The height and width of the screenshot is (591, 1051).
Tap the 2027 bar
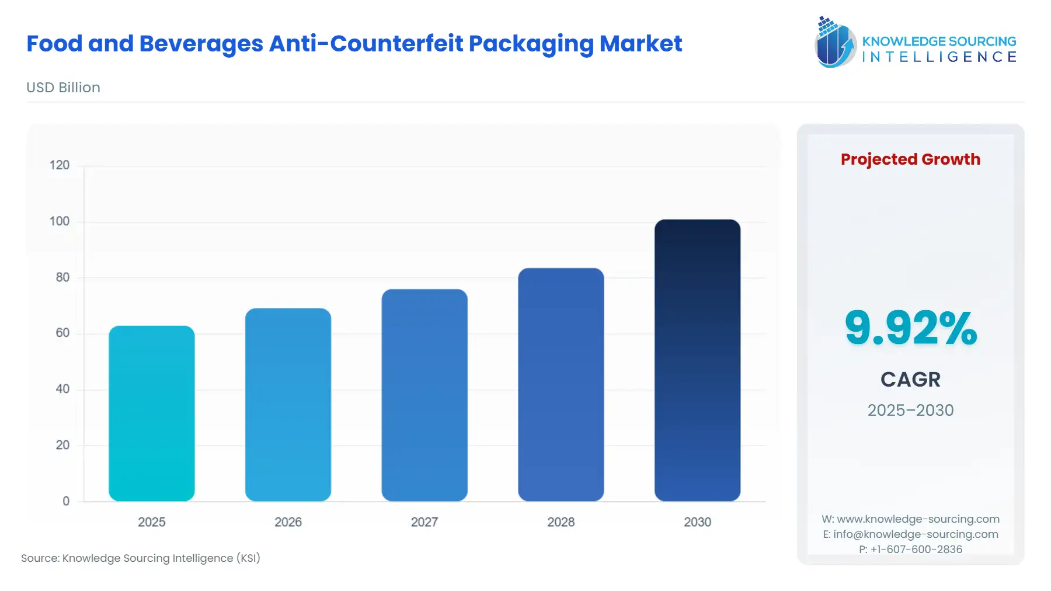point(424,395)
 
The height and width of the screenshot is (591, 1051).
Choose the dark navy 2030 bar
point(697,360)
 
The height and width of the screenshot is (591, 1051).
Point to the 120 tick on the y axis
point(60,165)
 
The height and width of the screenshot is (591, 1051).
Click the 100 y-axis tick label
point(60,221)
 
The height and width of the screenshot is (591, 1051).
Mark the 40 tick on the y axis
point(62,389)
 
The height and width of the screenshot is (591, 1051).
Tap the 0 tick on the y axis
point(66,501)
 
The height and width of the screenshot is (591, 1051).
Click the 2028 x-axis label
point(561,522)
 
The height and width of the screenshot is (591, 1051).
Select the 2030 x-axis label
point(697,522)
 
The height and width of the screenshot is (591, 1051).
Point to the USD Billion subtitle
point(63,88)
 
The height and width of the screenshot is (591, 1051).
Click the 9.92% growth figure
point(910,328)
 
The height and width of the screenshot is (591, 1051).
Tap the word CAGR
point(910,380)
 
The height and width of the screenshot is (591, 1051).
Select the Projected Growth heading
point(910,159)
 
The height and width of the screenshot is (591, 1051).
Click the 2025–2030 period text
point(910,410)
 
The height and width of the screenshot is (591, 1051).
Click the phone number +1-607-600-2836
point(916,550)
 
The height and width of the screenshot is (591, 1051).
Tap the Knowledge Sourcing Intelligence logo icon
point(835,43)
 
